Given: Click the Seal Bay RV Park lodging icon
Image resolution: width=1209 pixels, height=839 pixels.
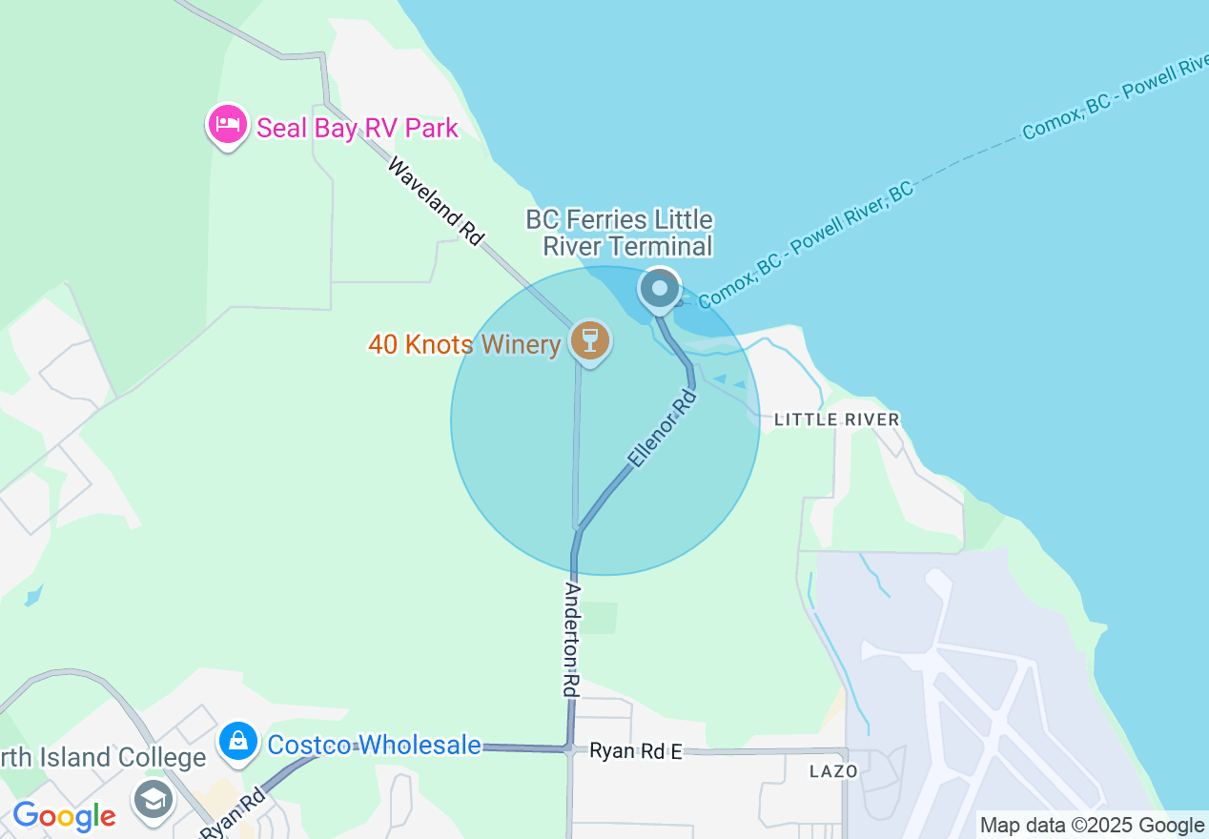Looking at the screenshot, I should (227, 126).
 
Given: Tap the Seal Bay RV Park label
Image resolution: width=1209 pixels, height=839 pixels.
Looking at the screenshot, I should (358, 128).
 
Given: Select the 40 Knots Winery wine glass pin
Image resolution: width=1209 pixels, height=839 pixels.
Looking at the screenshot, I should (590, 340).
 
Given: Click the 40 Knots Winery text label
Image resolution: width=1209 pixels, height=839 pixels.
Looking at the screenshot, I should (464, 344).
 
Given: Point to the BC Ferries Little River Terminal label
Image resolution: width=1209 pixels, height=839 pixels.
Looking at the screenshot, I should (620, 234).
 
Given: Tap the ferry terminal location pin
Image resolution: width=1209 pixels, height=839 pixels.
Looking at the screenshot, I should (659, 288).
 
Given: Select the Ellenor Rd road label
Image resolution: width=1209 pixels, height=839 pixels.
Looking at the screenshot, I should (662, 426).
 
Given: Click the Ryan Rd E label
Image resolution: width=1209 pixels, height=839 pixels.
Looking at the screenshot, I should (635, 751).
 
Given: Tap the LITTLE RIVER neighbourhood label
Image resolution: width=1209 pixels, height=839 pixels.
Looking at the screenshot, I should (836, 419).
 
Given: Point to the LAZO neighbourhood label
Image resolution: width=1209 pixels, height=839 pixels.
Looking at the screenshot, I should (833, 770).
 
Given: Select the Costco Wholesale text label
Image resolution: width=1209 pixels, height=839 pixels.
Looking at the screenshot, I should (374, 745).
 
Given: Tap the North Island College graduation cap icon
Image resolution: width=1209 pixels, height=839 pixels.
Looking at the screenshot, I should (153, 798).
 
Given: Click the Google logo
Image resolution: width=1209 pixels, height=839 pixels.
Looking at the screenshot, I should (64, 816).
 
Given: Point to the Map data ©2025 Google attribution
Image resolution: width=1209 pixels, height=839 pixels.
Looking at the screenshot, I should (1092, 826).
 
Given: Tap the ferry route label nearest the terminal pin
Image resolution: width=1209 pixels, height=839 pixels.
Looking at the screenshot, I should (806, 242).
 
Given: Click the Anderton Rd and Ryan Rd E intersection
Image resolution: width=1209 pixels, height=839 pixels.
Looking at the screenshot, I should (570, 749).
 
